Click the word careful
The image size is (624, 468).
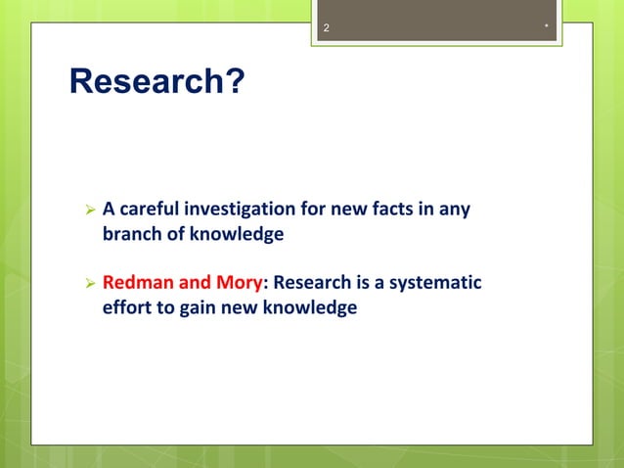click(x=151, y=209)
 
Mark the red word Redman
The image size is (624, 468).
click(x=138, y=283)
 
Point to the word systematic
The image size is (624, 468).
click(x=435, y=283)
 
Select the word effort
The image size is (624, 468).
click(x=126, y=307)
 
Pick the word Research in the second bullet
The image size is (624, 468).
click(x=312, y=283)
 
